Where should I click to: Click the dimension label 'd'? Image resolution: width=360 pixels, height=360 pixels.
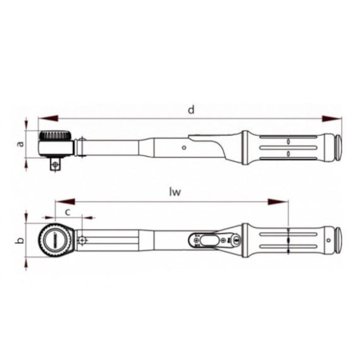point(191,110)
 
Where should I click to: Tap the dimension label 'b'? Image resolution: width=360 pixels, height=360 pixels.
point(20,241)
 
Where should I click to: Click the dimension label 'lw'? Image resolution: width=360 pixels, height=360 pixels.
point(176,192)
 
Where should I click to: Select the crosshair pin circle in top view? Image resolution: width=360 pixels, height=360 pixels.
point(83,240)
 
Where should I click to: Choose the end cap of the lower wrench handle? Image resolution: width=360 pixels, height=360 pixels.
point(336,240)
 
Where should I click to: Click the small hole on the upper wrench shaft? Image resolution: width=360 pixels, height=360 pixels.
point(184,148)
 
